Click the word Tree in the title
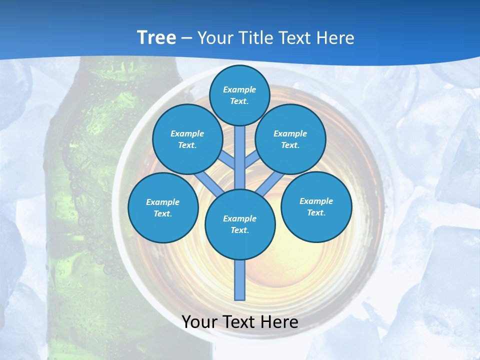156,38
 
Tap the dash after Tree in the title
186,38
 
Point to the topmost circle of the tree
239,95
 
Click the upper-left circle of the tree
187,139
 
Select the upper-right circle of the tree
290,139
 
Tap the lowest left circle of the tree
163,207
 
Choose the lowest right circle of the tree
316,206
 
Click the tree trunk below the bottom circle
240,280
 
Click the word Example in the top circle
239,89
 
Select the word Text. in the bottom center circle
239,230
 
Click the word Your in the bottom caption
199,321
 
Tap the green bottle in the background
85,200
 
